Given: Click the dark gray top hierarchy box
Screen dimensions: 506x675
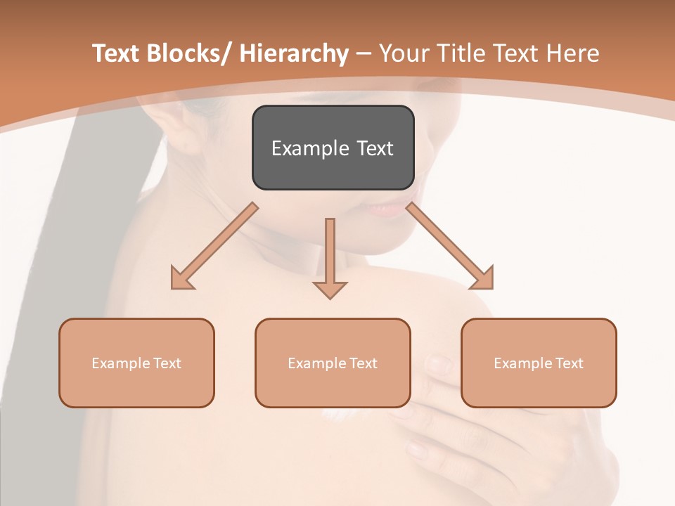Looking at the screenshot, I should tap(333, 148).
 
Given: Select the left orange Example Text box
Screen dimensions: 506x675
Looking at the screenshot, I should tap(136, 363).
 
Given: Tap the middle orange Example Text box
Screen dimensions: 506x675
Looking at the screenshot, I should tap(333, 363).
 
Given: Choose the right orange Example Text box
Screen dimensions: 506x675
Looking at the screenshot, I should tap(539, 363).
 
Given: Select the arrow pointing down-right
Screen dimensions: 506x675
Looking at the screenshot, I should tap(451, 247).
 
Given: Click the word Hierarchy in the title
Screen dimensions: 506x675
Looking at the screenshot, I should tap(294, 53).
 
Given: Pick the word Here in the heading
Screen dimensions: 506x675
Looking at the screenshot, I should tap(572, 53).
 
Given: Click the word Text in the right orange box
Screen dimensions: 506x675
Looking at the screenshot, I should tap(570, 363).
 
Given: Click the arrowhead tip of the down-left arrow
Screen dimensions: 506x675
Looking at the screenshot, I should tap(173, 287).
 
